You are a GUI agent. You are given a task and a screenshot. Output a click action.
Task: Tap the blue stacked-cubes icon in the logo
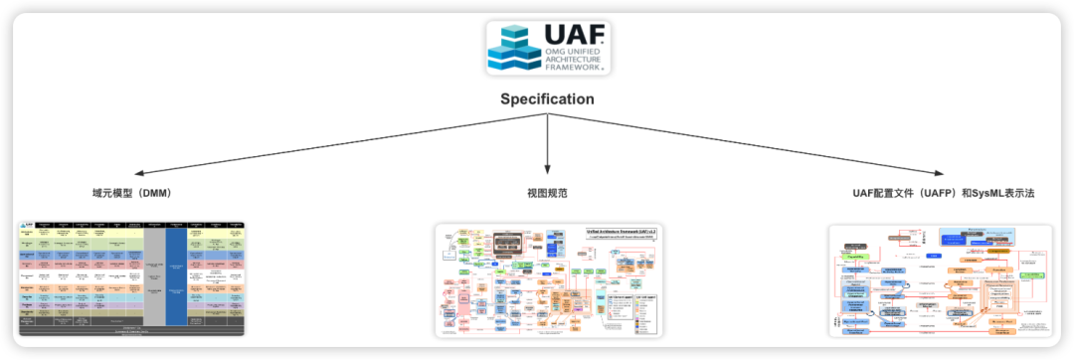coord(513,47)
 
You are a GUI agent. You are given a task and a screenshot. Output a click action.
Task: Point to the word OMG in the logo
coord(553,53)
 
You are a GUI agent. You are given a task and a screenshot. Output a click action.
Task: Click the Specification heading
coord(547,99)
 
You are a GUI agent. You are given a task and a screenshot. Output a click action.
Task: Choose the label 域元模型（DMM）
coord(130,193)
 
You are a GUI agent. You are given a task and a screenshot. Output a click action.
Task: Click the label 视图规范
coord(547,193)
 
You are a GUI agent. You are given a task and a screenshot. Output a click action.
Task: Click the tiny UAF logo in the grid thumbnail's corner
coord(27,226)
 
